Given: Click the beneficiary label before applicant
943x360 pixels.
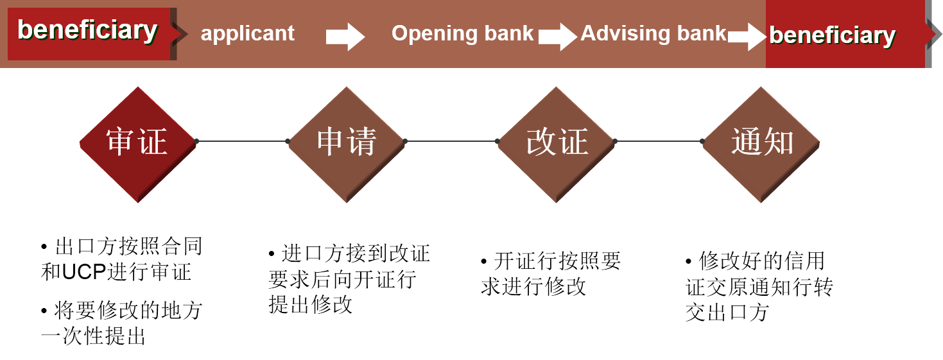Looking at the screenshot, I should tap(87, 30).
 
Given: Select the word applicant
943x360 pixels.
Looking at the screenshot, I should tap(247, 33).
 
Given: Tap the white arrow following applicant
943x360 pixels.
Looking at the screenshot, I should tap(345, 37).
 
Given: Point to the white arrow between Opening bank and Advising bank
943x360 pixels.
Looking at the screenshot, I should tap(557, 37).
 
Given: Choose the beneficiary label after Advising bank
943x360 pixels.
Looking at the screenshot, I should tap(832, 35).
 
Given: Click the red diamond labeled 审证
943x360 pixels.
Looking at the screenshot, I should tap(137, 144).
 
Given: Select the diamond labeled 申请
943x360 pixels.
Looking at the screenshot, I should tap(347, 144).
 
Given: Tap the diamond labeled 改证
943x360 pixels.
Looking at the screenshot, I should tap(556, 144).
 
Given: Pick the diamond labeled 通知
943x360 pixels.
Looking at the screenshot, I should tap(761, 144).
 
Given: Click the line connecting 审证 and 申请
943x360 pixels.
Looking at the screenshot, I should tap(242, 141).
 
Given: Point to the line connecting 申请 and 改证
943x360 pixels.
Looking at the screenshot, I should tap(451, 141).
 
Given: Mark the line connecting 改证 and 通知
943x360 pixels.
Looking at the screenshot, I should tap(659, 141).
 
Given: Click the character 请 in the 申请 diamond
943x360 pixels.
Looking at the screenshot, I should tap(362, 142).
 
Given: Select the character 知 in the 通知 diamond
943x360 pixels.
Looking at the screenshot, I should tap(779, 142).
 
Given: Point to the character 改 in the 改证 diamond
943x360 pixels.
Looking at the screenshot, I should tap(541, 142).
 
